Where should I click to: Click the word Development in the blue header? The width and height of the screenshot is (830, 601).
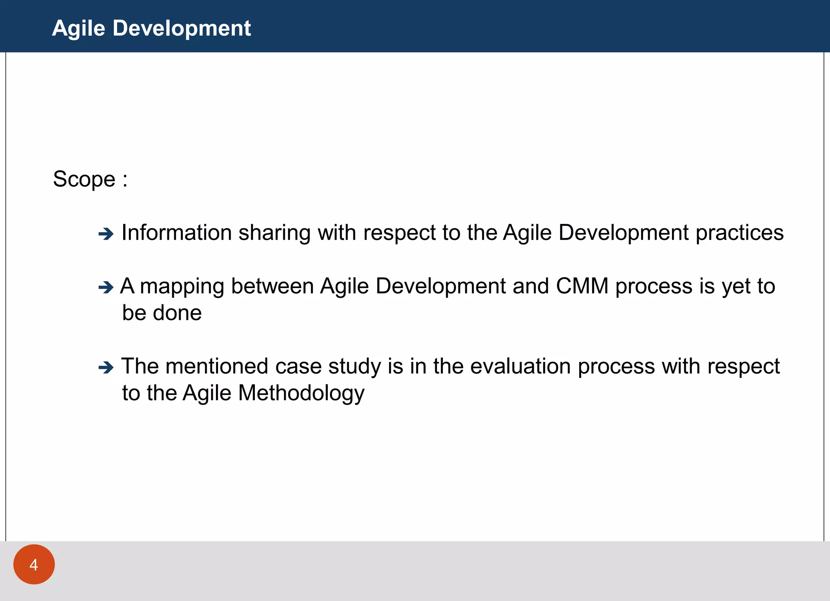pyautogui.click(x=182, y=28)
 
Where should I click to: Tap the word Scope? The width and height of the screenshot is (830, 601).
pyautogui.click(x=84, y=179)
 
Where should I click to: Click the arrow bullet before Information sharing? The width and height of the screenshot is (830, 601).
pyautogui.click(x=106, y=234)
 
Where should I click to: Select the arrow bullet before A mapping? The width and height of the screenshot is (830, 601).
pyautogui.click(x=106, y=287)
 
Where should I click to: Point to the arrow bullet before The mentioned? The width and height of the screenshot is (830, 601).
pyautogui.click(x=106, y=368)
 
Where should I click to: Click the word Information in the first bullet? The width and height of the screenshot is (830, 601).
pyautogui.click(x=177, y=233)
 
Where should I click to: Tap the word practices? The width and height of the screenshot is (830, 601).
pyautogui.click(x=740, y=233)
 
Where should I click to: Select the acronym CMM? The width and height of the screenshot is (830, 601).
pyautogui.click(x=582, y=286)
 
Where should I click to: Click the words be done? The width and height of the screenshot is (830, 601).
pyautogui.click(x=162, y=313)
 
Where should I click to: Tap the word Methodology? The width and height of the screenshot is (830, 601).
pyautogui.click(x=302, y=394)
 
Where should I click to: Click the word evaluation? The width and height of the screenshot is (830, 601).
pyautogui.click(x=521, y=366)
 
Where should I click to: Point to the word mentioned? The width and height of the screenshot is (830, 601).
pyautogui.click(x=217, y=366)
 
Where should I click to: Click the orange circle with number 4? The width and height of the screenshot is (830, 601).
pyautogui.click(x=34, y=564)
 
